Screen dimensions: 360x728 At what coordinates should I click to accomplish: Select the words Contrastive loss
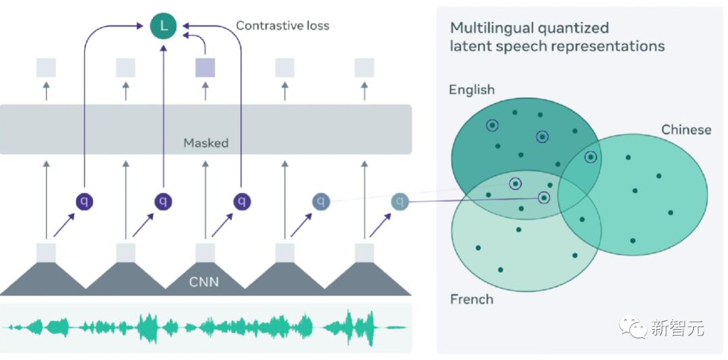click(x=282, y=26)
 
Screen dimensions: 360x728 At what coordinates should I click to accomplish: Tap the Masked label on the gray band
click(x=206, y=143)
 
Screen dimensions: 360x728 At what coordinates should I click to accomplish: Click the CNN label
click(x=204, y=282)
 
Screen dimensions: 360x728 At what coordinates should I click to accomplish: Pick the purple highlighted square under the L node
click(x=205, y=67)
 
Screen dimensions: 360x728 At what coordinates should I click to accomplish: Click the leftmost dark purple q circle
click(x=84, y=201)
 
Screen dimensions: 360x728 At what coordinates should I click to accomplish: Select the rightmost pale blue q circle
click(x=400, y=201)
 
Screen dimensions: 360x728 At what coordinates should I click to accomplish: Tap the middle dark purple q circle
click(x=162, y=201)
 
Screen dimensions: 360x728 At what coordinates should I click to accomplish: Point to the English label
click(x=472, y=90)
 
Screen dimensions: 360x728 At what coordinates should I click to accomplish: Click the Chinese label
click(x=686, y=129)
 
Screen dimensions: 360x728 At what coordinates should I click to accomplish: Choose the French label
click(x=472, y=299)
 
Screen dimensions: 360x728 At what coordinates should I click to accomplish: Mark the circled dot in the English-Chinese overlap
click(x=590, y=157)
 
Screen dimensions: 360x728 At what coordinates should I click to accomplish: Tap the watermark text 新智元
click(x=677, y=329)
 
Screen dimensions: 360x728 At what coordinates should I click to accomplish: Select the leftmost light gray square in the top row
click(x=46, y=67)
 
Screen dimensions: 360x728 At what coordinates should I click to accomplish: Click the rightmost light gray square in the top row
click(x=364, y=67)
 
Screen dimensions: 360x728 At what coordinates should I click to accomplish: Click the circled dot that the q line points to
click(x=544, y=198)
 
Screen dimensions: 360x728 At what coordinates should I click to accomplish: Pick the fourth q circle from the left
click(x=322, y=201)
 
